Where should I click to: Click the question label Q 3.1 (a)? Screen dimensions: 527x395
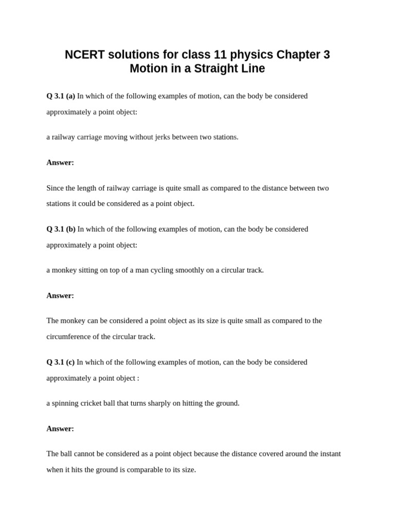click(x=61, y=96)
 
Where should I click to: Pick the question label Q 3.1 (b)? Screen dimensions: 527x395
click(x=61, y=229)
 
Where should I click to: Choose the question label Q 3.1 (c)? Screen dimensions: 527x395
click(x=60, y=362)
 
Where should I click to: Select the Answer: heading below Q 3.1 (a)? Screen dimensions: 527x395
click(x=60, y=163)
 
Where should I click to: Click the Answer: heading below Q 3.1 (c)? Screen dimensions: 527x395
click(x=60, y=429)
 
